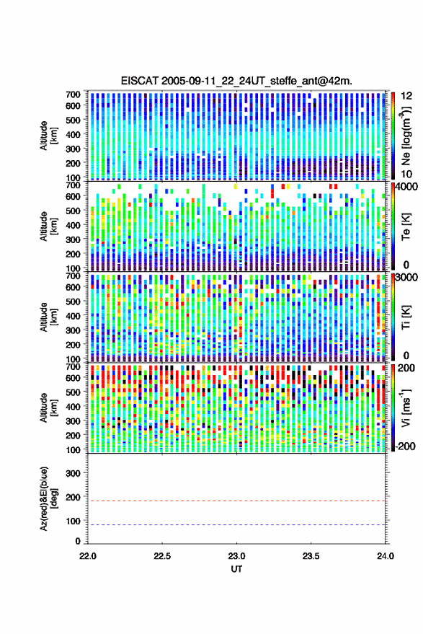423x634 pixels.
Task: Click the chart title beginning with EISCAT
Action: tap(236, 81)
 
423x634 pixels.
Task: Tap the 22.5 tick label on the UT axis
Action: tap(162, 556)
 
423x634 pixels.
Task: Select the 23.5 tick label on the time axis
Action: tap(311, 556)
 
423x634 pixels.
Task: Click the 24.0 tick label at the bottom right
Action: tap(385, 556)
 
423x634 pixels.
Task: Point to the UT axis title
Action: tap(236, 569)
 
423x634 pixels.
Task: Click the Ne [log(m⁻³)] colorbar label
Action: tap(406, 136)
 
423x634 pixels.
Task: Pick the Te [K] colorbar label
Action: tap(406, 226)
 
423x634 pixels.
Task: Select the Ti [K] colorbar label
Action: tap(406, 317)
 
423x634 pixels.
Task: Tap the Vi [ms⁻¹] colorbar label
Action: tap(406, 408)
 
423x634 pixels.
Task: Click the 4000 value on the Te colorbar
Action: tap(406, 188)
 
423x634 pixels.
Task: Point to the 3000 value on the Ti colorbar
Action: tap(406, 278)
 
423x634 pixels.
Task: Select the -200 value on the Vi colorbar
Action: tap(405, 446)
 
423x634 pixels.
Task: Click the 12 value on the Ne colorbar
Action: tap(406, 96)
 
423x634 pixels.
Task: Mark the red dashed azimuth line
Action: tap(237, 501)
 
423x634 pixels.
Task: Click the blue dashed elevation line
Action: tap(237, 525)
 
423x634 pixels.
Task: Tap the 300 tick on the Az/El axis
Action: tap(73, 473)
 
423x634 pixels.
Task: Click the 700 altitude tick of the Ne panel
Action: tap(73, 94)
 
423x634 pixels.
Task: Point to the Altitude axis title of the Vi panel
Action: tap(48, 408)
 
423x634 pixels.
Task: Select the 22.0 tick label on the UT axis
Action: tap(88, 556)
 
